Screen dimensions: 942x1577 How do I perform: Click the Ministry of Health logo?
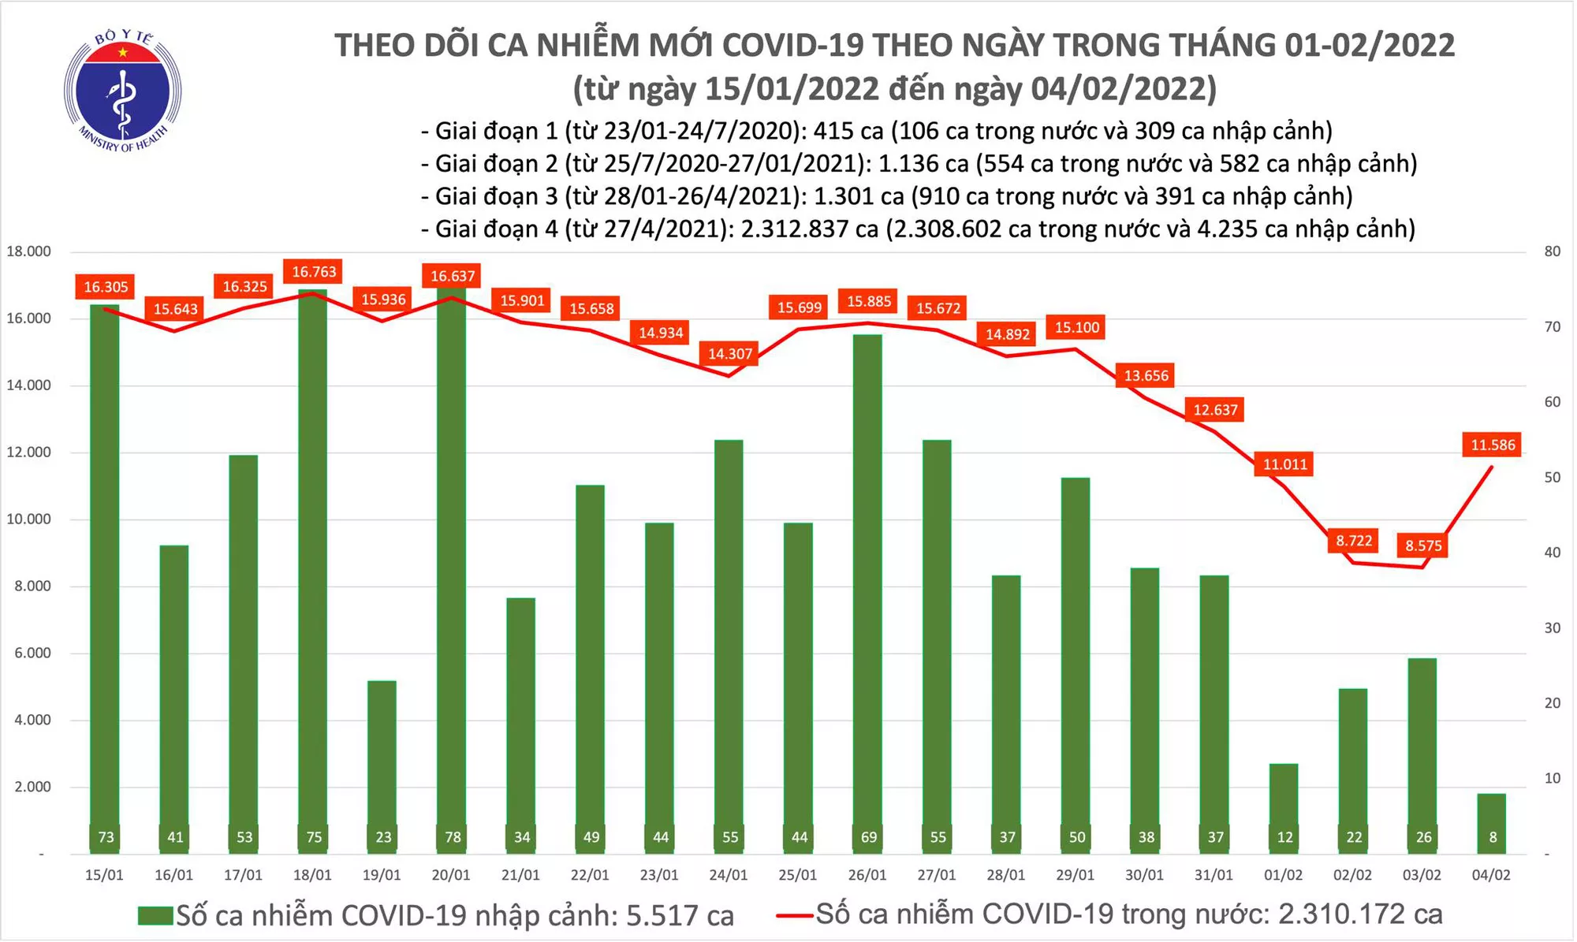pyautogui.click(x=122, y=91)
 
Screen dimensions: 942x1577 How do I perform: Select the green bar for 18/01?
pyautogui.click(x=313, y=568)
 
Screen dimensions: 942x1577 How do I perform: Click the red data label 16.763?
pyautogui.click(x=314, y=272)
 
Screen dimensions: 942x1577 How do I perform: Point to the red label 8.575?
pyautogui.click(x=1423, y=545)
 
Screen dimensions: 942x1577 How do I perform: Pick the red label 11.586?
pyautogui.click(x=1492, y=445)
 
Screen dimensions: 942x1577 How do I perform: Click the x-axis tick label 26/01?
pyautogui.click(x=867, y=876)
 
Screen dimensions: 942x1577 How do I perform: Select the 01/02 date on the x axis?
pyautogui.click(x=1284, y=876)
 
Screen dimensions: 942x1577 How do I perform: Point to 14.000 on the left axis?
pyautogui.click(x=29, y=385)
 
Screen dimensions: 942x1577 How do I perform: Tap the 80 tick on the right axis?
pyautogui.click(x=1552, y=252)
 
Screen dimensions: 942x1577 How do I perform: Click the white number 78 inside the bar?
pyautogui.click(x=453, y=837)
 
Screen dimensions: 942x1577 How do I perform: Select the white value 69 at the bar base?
pyautogui.click(x=868, y=837)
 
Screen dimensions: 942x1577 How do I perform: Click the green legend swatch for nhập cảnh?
pyautogui.click(x=155, y=916)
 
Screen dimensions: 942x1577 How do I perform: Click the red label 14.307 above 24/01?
pyautogui.click(x=730, y=354)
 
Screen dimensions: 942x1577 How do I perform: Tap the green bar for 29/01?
pyautogui.click(x=1076, y=662)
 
